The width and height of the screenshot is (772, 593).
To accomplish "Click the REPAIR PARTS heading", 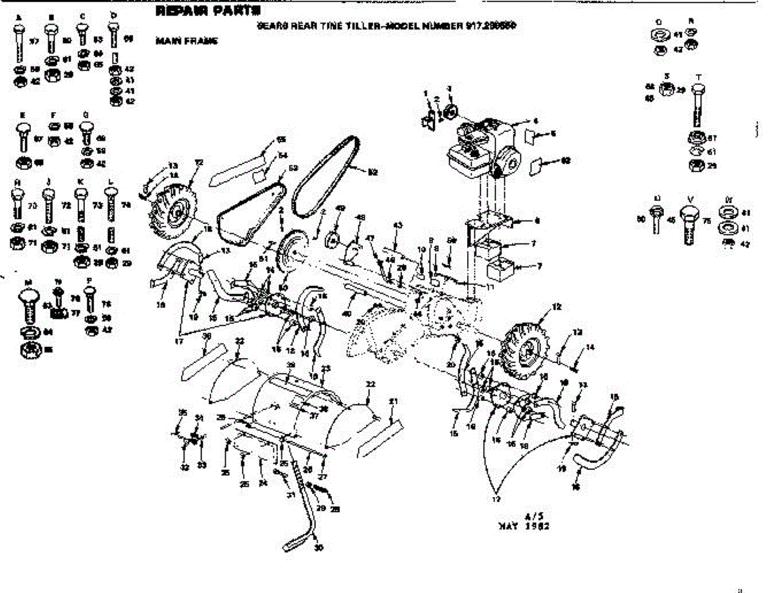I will [207, 11].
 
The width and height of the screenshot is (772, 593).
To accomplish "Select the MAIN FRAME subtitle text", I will [187, 41].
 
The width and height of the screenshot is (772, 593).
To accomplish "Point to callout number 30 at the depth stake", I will [318, 548].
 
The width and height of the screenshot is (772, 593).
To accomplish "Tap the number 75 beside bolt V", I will [707, 221].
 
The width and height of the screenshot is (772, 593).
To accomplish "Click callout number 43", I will [398, 225].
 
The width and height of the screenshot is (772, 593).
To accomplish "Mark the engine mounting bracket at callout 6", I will [495, 222].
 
